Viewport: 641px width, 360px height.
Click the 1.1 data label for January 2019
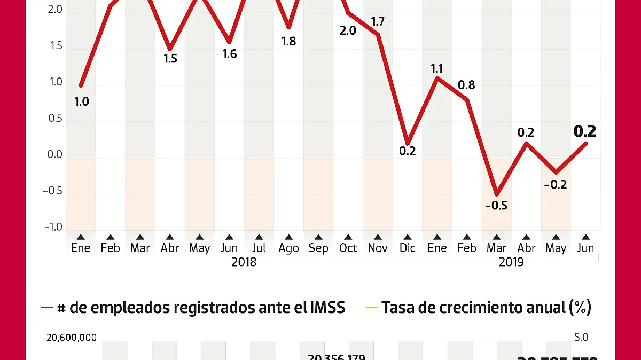point(437,68)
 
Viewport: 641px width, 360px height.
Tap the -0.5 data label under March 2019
point(496,206)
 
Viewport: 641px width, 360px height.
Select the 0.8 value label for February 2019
point(466,85)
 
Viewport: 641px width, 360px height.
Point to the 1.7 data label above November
point(378,22)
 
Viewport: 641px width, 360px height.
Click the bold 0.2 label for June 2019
point(584,131)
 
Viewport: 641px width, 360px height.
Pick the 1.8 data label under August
point(288,41)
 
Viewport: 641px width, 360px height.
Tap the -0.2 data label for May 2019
point(556,185)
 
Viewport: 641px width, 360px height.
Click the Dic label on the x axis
point(408,248)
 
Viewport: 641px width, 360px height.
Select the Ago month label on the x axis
point(288,248)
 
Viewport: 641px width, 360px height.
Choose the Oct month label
point(348,248)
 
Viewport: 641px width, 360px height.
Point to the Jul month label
point(259,248)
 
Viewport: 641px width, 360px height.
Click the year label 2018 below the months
point(244,262)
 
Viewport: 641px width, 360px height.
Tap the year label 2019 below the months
point(511,262)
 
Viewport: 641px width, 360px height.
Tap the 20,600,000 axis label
point(72,338)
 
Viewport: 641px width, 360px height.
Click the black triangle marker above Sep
point(318,237)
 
